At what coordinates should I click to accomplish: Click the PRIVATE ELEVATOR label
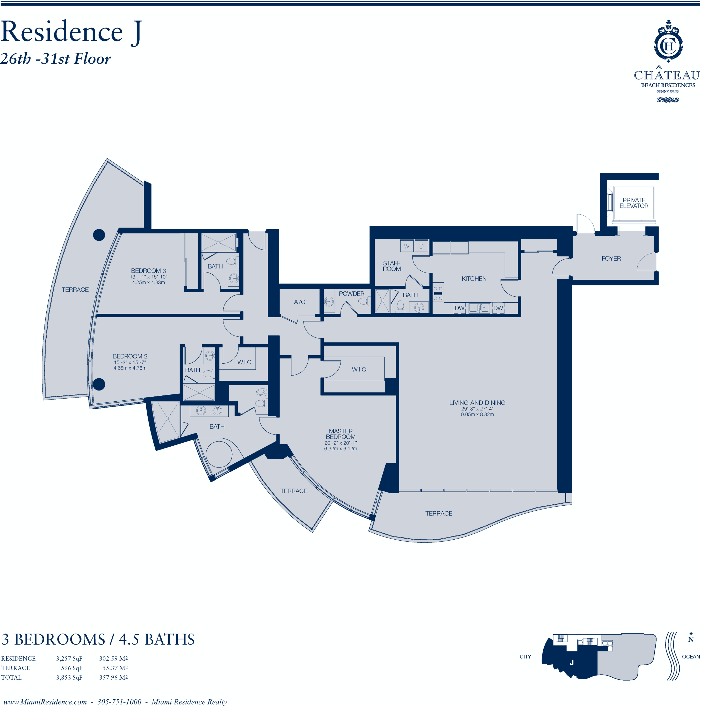634,203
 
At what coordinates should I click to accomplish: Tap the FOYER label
611,258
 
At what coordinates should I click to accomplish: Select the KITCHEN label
474,278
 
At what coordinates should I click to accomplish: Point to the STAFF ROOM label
392,266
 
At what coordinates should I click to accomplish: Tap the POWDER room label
351,293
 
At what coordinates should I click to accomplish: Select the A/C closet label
300,302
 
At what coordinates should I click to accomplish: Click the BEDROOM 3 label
148,270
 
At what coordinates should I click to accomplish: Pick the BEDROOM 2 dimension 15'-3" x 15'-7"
130,362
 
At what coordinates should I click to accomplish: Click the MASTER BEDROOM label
341,434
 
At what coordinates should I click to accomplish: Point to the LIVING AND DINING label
477,402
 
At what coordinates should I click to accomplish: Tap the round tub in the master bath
219,454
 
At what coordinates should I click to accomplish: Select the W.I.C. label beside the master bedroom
359,370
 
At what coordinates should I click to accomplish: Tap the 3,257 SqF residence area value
69,658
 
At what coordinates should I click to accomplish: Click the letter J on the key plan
572,663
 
